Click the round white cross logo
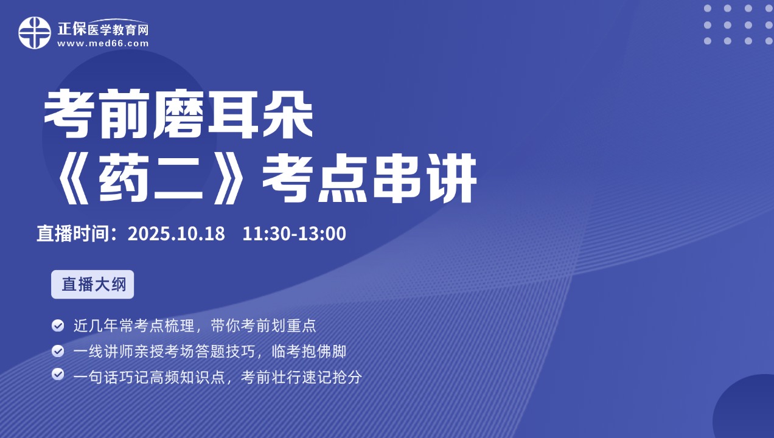tap(35, 33)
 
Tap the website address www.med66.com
tap(103, 44)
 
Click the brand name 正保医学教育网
tap(103, 29)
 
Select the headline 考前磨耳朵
tap(178, 114)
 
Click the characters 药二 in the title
tap(151, 178)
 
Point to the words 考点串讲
tap(370, 178)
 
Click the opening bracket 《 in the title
tap(73, 178)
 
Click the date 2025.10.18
tap(176, 234)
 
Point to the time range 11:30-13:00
tap(294, 234)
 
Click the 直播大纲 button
tap(92, 284)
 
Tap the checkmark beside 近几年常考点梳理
tap(58, 325)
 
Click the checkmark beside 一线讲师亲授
tap(58, 351)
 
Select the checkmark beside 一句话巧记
tap(58, 374)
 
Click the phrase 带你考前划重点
tap(263, 325)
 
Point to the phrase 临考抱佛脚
tap(309, 352)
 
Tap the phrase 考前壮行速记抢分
tap(301, 377)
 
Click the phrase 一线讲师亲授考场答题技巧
tap(164, 352)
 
